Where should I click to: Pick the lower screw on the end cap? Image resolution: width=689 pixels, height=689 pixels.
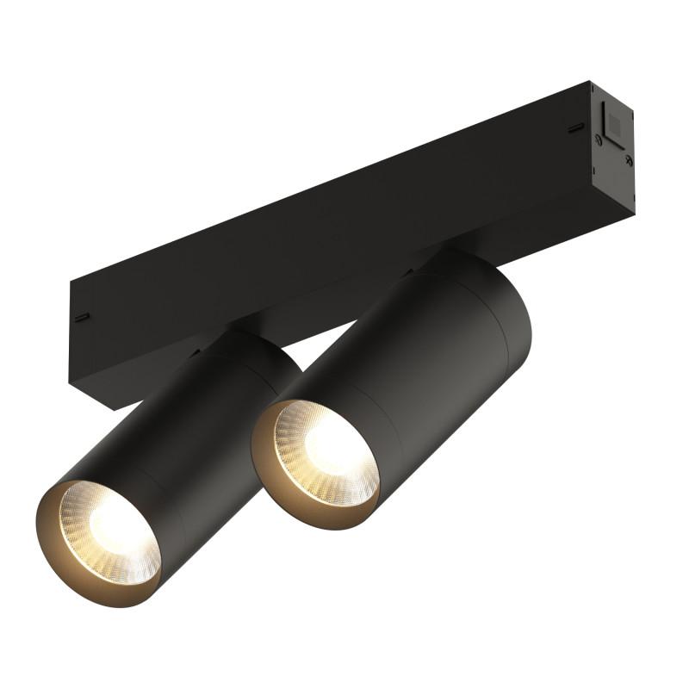[x=629, y=159]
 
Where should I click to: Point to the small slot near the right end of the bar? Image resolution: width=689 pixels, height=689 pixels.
[x=574, y=129]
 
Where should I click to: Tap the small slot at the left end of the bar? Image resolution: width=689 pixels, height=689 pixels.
[x=82, y=316]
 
